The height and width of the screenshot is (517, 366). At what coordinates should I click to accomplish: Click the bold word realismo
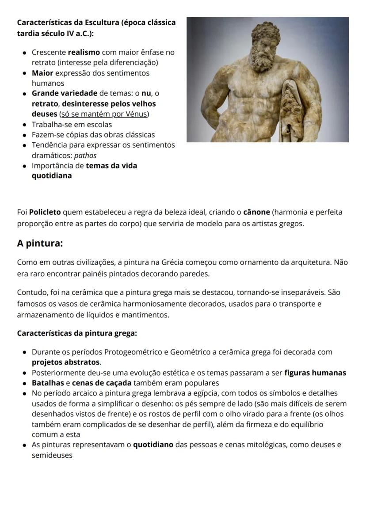pos(84,52)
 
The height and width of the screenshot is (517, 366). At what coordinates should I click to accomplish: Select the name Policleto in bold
pos(45,212)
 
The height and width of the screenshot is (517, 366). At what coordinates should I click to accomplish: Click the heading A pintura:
pos(40,243)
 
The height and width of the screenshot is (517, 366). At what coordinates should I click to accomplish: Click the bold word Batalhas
pos(48,383)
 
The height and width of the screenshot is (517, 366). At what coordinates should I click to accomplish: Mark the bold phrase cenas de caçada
pos(101,383)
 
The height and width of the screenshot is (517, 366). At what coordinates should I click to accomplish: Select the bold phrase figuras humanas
pos(315,373)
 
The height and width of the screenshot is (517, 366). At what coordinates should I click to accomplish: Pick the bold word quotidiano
pos(153,445)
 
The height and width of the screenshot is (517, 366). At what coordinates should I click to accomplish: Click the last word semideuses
pos(52,455)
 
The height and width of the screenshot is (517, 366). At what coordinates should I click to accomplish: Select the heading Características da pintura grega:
pos(77,333)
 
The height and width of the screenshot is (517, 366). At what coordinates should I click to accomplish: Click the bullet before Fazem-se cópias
pos(25,135)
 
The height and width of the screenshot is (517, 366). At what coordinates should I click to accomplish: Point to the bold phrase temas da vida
pos(111,166)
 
